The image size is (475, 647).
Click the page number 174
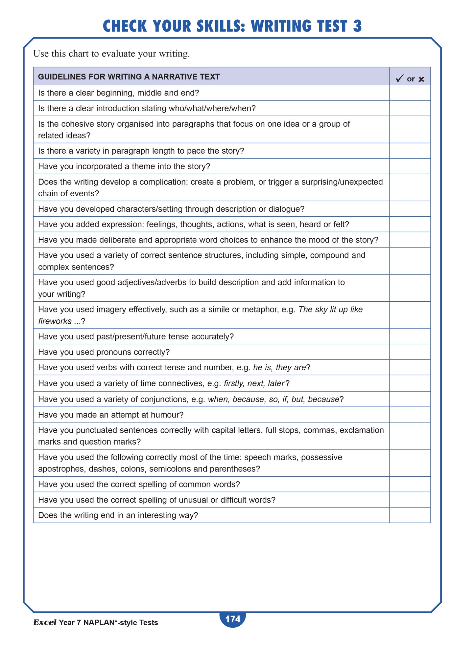click(233, 619)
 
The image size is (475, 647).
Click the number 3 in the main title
click(357, 26)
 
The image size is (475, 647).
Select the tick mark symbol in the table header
click(399, 78)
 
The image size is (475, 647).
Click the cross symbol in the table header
click(421, 79)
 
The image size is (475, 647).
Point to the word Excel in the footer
click(45, 622)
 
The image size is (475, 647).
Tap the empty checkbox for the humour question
click(410, 415)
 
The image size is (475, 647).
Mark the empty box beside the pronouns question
click(410, 352)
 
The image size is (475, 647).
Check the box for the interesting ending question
click(410, 515)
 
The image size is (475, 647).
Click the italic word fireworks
click(55, 321)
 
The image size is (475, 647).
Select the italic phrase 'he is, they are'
click(279, 367)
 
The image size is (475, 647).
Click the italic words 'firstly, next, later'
click(254, 383)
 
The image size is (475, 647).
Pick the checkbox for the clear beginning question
click(410, 93)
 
